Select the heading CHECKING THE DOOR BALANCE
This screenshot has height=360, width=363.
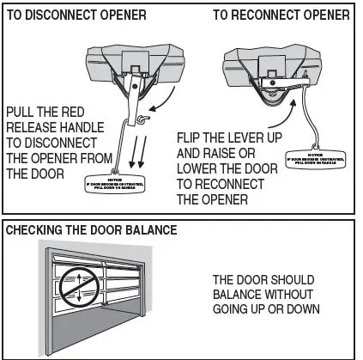[x=92, y=230]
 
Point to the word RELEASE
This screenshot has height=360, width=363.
[x=33, y=127]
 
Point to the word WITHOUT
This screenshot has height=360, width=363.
[x=293, y=295]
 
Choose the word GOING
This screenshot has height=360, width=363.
[x=234, y=309]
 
